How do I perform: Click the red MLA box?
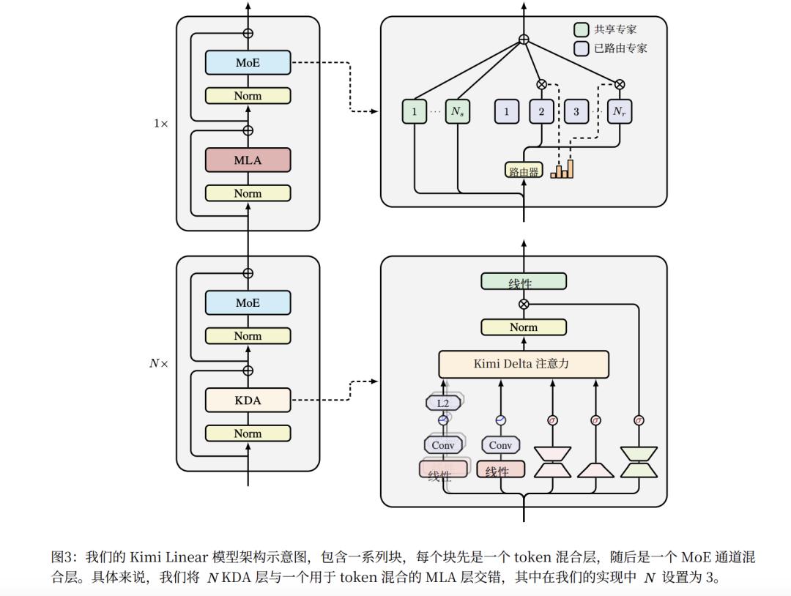(248, 160)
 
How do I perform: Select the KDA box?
(248, 400)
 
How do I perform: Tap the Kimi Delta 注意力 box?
(523, 364)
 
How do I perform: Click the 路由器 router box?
(523, 171)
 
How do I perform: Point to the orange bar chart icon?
(562, 169)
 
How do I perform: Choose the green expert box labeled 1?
(415, 111)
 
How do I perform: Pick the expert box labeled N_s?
(457, 111)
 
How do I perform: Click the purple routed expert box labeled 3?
(576, 111)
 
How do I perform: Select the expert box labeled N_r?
(620, 111)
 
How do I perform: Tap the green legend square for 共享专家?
(581, 30)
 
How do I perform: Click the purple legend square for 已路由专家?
(581, 48)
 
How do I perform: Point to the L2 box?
(442, 403)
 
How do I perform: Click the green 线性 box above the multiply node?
(523, 282)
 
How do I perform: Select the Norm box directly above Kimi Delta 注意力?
(523, 327)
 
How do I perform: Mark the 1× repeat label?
(160, 124)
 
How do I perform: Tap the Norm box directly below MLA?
(248, 193)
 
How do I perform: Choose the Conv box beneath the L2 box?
(442, 444)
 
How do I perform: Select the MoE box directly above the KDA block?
(248, 302)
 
